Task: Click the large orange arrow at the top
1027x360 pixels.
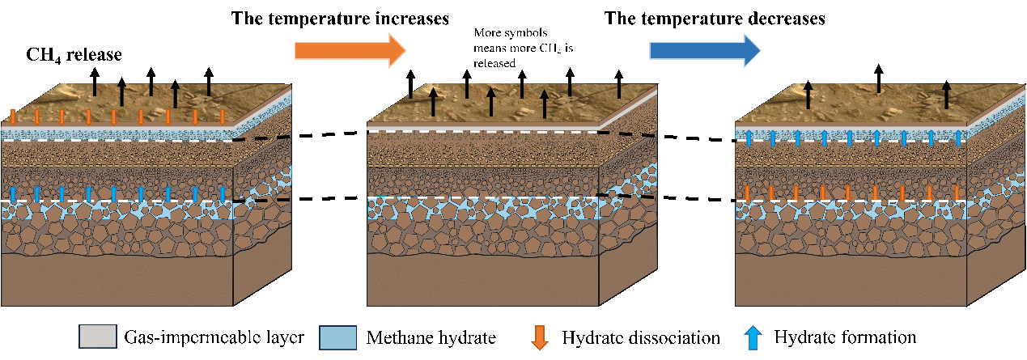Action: point(350,50)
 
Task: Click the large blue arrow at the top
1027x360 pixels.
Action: point(705,50)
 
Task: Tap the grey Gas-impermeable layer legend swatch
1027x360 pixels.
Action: point(98,337)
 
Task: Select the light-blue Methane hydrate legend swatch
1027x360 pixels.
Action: point(338,337)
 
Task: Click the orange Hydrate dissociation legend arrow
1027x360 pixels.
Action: point(540,338)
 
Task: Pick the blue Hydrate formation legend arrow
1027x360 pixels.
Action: point(753,338)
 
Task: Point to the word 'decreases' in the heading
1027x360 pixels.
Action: point(787,19)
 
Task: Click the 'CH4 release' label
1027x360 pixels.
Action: point(74,55)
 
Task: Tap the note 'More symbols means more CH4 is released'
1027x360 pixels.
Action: point(523,48)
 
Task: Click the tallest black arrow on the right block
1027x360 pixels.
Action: point(878,78)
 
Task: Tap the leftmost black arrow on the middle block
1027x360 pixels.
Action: point(411,84)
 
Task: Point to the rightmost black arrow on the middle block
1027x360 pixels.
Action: point(619,84)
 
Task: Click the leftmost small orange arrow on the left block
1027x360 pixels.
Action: point(13,116)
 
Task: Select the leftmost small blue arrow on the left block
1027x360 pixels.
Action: point(13,194)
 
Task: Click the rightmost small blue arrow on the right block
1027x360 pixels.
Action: point(957,138)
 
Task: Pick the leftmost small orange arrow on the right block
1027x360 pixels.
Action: point(747,193)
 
